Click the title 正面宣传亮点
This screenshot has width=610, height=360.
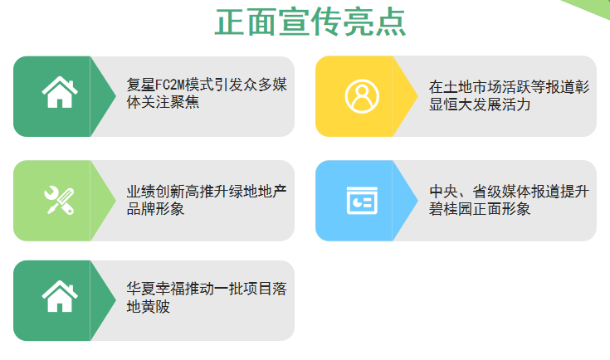pos(310,22)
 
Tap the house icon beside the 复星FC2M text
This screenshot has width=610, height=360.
pos(57,92)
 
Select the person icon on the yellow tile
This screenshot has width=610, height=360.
pos(360,96)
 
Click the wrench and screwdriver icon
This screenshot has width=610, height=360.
pos(58,200)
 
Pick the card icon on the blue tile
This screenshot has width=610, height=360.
pos(360,201)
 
